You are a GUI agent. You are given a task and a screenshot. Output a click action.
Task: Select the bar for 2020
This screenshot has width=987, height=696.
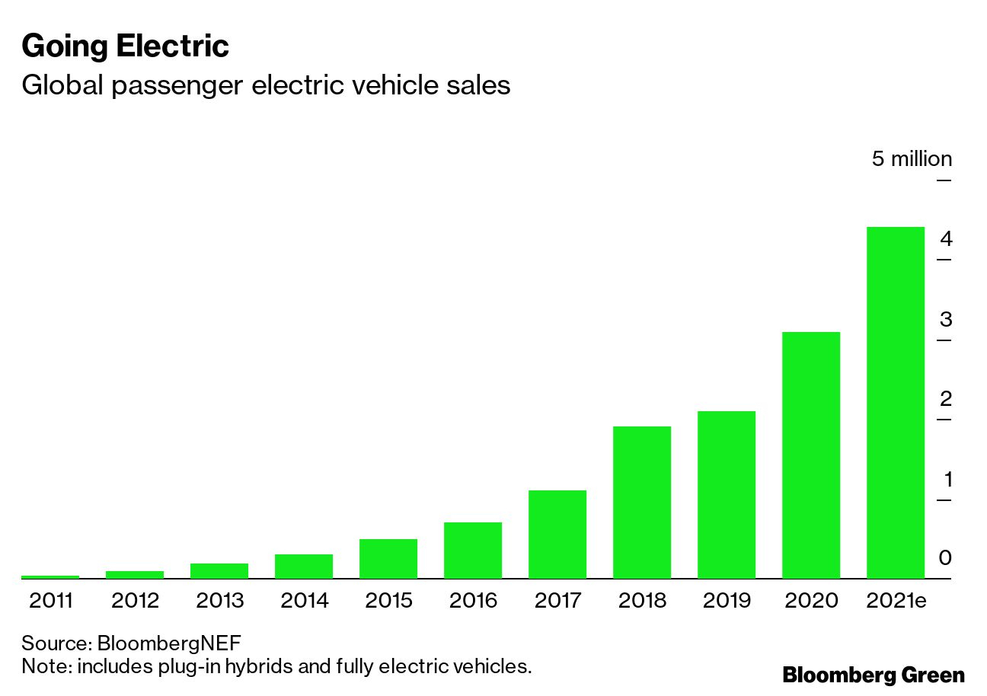(811, 455)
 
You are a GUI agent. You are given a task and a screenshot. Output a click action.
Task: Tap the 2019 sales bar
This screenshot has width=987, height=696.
(727, 494)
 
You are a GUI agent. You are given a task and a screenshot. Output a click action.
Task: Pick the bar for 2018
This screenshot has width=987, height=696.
(642, 502)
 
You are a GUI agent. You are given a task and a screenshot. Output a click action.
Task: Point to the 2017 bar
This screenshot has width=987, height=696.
(557, 534)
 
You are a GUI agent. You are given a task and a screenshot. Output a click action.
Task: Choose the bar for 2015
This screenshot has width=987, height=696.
(388, 558)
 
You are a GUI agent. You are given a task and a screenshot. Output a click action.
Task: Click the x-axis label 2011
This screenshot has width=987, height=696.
(50, 601)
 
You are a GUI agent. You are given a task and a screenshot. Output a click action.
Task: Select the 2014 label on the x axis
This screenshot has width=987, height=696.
(305, 601)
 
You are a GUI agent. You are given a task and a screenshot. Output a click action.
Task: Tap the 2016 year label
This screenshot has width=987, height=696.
(473, 601)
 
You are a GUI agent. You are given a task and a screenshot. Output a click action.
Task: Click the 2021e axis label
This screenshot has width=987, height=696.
(896, 601)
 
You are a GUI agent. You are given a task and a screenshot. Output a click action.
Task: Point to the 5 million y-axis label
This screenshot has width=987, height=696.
(912, 159)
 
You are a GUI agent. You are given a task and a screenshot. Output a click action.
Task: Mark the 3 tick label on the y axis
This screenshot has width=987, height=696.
(946, 320)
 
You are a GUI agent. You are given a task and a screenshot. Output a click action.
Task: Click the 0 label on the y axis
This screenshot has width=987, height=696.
(946, 559)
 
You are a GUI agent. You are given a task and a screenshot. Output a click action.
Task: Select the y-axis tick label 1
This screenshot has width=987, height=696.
(947, 480)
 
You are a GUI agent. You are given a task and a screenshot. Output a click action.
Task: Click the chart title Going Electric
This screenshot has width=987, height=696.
(126, 46)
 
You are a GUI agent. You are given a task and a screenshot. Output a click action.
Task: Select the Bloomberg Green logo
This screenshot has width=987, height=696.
(874, 675)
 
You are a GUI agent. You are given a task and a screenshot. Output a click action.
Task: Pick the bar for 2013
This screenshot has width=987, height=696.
(219, 570)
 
